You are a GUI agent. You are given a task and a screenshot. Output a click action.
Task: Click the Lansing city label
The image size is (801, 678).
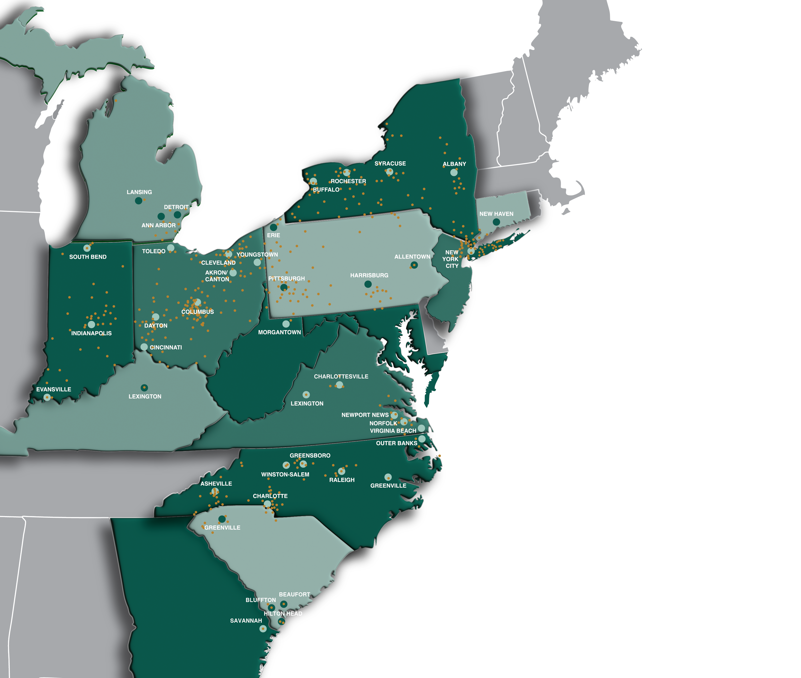(x=139, y=192)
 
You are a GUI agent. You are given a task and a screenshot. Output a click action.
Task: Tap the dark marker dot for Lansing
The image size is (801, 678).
(x=138, y=201)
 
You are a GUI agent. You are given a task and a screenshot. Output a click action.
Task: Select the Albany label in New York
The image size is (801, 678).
(x=454, y=164)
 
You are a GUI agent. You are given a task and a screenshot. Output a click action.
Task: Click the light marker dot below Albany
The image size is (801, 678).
(x=454, y=173)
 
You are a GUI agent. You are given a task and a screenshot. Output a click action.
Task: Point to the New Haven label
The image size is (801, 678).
(x=496, y=214)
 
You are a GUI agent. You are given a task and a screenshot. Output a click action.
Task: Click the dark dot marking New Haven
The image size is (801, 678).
(x=496, y=222)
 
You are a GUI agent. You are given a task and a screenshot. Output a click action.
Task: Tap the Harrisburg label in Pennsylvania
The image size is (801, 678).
(x=369, y=275)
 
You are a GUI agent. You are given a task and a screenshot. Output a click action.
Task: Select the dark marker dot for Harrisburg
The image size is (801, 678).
(x=368, y=284)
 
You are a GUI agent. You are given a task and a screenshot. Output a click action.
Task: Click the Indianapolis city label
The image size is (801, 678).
(x=92, y=333)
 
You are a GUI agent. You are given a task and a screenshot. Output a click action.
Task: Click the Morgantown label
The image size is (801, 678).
(x=279, y=332)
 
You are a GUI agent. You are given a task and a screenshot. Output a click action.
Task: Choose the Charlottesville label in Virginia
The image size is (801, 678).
(x=341, y=376)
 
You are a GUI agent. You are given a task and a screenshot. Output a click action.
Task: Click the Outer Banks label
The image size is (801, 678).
(x=396, y=443)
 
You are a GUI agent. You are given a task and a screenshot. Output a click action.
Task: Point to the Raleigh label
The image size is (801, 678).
(x=342, y=480)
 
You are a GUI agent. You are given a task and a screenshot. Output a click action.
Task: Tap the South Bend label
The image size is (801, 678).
(x=88, y=257)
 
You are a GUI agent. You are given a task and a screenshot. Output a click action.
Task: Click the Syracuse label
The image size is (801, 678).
(x=390, y=163)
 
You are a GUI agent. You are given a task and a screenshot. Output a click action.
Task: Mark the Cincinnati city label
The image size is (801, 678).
(x=166, y=347)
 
